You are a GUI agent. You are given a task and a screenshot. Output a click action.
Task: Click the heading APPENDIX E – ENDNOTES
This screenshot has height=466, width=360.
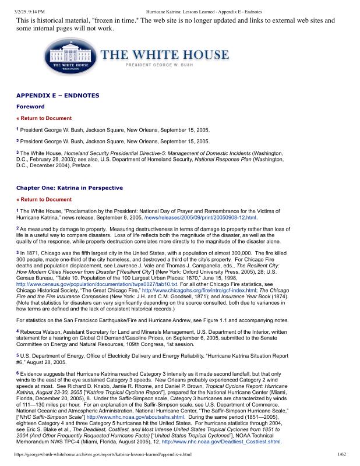(x=58, y=96)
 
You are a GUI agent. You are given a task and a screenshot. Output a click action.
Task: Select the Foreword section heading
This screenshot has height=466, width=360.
(x=30, y=107)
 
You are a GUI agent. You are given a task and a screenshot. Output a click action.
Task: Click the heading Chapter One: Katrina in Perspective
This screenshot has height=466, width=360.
(x=69, y=188)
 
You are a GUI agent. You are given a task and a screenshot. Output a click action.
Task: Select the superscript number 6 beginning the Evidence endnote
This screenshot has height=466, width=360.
(x=17, y=372)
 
